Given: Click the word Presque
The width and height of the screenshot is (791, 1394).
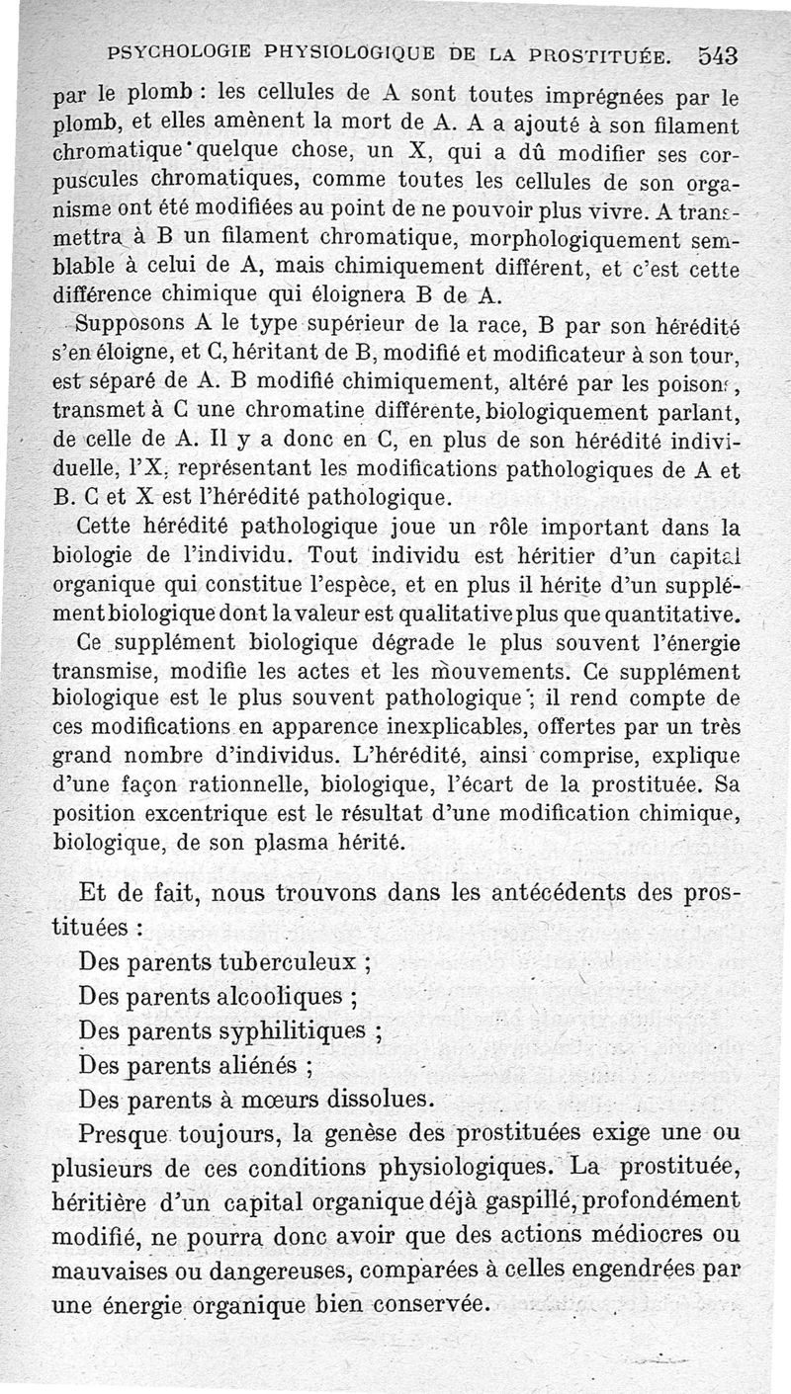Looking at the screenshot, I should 126,1132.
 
